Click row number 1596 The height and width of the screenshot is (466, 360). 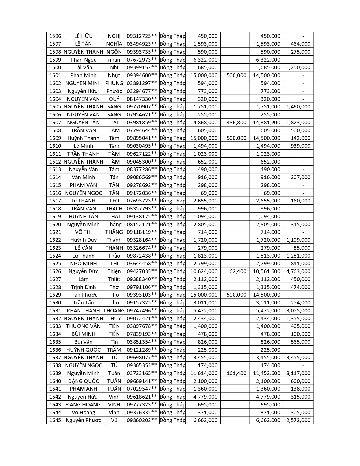pos(55,36)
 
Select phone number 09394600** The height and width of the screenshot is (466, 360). pos(141,75)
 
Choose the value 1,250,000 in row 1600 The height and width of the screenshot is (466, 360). pos(298,67)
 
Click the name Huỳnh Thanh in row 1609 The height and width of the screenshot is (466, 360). pos(83,138)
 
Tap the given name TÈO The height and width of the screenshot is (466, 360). pos(114,201)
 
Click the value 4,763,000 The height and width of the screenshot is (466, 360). pos(298,271)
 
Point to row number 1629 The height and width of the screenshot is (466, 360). pos(55,295)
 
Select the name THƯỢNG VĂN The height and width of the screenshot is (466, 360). pos(83,326)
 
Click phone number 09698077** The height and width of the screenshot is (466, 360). pos(141,358)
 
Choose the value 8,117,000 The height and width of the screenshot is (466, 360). pos(298,373)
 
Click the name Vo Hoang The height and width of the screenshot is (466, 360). pos(83,413)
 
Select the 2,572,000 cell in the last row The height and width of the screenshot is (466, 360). pos(298,420)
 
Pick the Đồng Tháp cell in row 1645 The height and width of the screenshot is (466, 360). pos(172,420)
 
